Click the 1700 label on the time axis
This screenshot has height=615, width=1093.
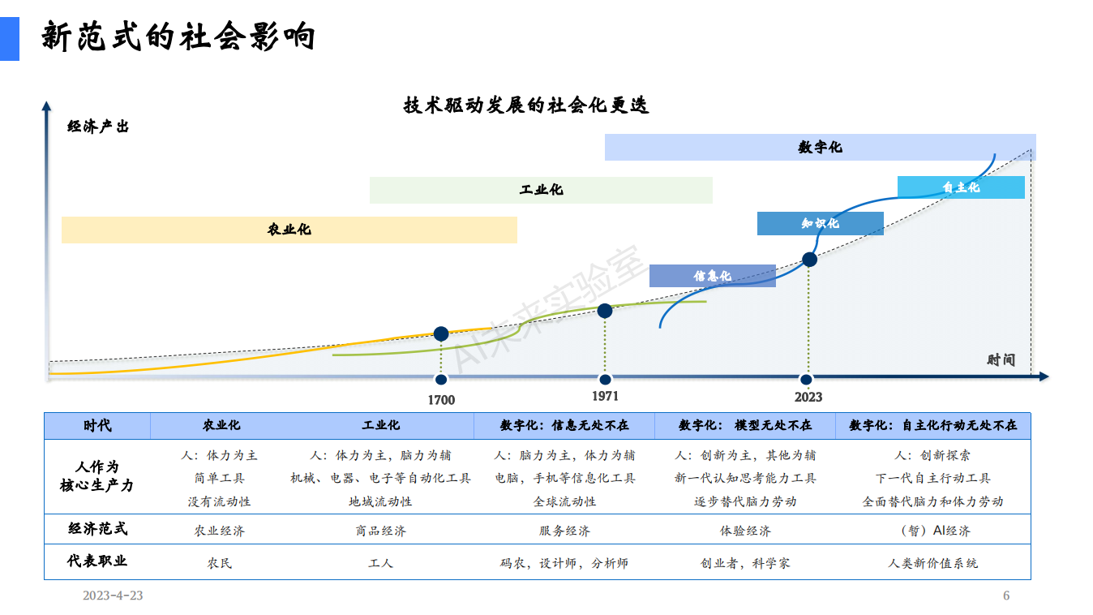pyautogui.click(x=441, y=400)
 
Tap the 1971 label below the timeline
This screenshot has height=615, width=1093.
pyautogui.click(x=605, y=396)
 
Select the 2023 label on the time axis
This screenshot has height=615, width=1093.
pyautogui.click(x=808, y=398)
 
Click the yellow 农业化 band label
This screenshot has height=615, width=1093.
pyautogui.click(x=289, y=230)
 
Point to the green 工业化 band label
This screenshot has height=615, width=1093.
pyautogui.click(x=541, y=190)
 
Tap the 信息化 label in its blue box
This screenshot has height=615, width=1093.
pyautogui.click(x=713, y=276)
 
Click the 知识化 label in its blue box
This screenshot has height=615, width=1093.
pyautogui.click(x=821, y=224)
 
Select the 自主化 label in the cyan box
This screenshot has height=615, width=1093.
pyautogui.click(x=961, y=187)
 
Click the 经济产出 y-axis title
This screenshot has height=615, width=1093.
pyautogui.click(x=97, y=127)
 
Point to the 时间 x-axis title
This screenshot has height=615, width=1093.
pyautogui.click(x=1001, y=360)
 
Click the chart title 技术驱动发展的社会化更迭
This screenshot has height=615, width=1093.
pyautogui.click(x=526, y=105)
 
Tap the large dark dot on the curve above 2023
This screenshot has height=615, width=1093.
pyautogui.click(x=809, y=259)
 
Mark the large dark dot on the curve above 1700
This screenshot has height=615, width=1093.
pyautogui.click(x=441, y=333)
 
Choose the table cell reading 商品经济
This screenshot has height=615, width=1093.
pyautogui.click(x=380, y=531)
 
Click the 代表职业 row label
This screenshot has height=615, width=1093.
pyautogui.click(x=97, y=561)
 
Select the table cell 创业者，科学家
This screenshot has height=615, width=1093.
pyautogui.click(x=745, y=563)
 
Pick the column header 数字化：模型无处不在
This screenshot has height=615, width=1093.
pyautogui.click(x=745, y=425)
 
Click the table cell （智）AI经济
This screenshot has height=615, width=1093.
pyautogui.click(x=933, y=531)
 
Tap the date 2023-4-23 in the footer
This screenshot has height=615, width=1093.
pyautogui.click(x=113, y=596)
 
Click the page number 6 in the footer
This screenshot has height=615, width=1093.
pyautogui.click(x=1006, y=596)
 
